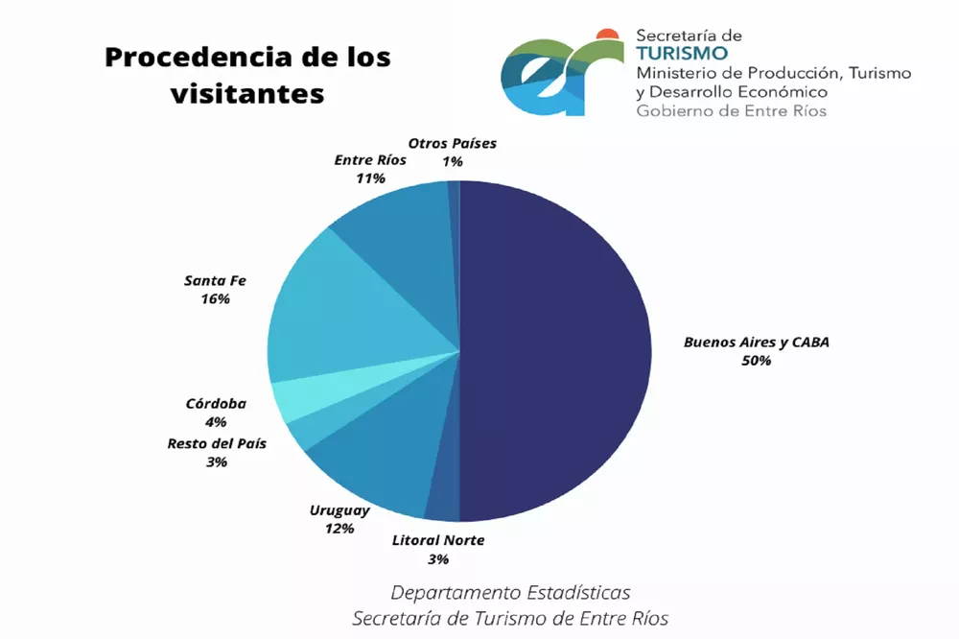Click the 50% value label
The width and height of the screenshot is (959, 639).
coord(756,361)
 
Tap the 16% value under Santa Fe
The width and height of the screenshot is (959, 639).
coord(216,299)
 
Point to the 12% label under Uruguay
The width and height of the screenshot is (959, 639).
coord(339,528)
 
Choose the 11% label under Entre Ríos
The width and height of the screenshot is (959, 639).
coord(370,178)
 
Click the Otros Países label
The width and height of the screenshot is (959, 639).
coord(453,144)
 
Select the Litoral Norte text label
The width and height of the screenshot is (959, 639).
coord(438,540)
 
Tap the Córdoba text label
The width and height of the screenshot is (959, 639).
coord(216,403)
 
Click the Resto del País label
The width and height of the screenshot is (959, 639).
coord(216,443)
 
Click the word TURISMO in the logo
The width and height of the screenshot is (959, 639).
coord(681,53)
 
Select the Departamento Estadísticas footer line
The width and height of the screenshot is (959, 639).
coord(510,592)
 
